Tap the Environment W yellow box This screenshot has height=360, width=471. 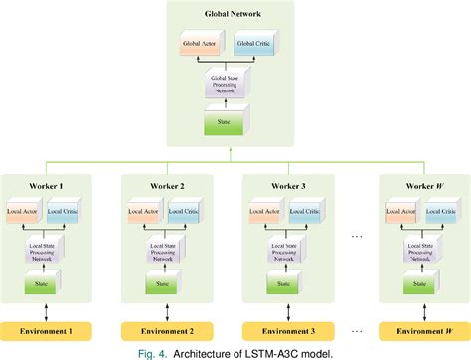tap(421, 330)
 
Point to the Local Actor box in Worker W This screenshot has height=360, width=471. tap(400, 213)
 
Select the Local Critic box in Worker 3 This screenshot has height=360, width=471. tap(308, 213)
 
